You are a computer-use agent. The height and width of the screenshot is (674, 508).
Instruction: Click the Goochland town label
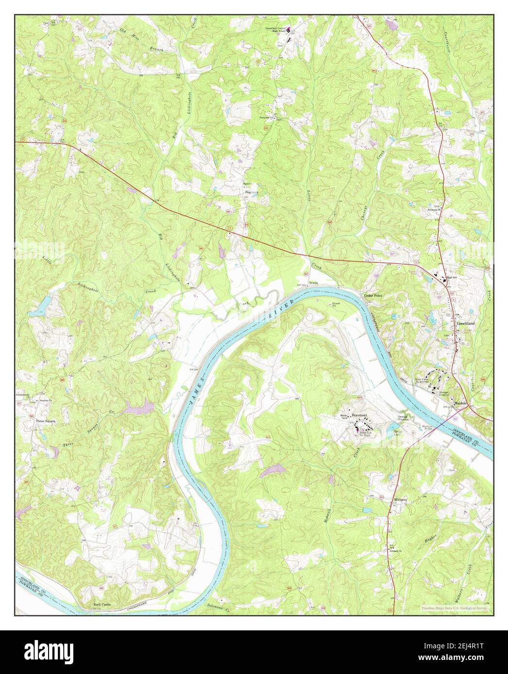465,323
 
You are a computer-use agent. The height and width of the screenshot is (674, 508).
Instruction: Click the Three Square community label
45,421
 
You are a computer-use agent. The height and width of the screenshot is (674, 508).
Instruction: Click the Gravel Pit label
334,304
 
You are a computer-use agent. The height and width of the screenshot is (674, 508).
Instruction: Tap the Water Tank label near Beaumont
345,417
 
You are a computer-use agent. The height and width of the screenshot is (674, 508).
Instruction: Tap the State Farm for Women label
421,381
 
